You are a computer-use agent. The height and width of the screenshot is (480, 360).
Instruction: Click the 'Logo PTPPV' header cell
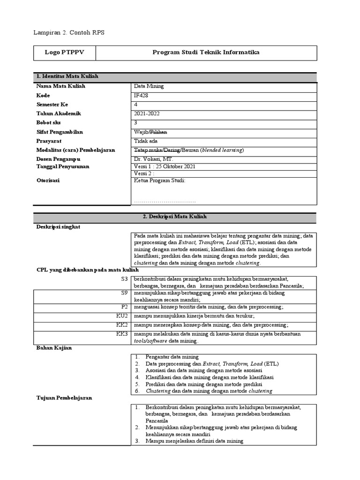point(65,53)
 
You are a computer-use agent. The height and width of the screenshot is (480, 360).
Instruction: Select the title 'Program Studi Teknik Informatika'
point(206,53)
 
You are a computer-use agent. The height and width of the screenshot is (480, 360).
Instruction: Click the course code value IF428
point(141,96)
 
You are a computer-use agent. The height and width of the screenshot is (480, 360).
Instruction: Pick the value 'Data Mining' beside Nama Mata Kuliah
point(149,87)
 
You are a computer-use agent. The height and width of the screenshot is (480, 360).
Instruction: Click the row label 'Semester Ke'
point(52,105)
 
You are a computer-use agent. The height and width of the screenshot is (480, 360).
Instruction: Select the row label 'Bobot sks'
point(49,123)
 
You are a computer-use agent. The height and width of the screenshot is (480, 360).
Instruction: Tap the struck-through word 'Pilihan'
point(158,132)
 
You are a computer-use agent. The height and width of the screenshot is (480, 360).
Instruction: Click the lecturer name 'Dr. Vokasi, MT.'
point(154,159)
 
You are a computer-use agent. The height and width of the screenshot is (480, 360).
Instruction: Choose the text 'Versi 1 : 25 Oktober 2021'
point(165,167)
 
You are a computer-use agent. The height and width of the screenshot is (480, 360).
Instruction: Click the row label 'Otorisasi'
point(48,180)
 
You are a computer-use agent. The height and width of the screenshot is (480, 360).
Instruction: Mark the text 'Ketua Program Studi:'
point(159,180)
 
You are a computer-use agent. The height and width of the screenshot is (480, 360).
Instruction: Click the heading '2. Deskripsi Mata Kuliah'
point(174,217)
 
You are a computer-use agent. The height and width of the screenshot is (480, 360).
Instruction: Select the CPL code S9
point(124,293)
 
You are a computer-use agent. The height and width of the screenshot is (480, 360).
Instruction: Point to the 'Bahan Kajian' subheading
point(54,348)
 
